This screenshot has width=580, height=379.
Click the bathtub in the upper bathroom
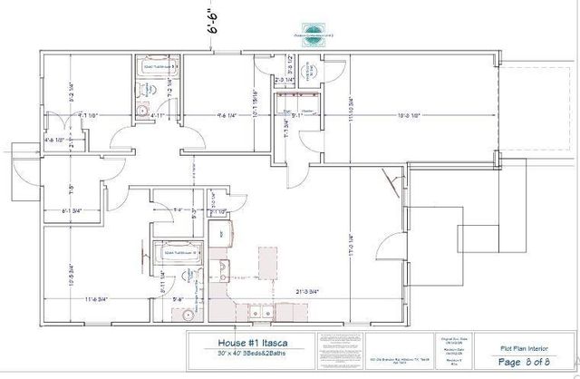pyautogui.click(x=156, y=66)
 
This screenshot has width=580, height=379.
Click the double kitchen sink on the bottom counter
pyautogui.click(x=264, y=315)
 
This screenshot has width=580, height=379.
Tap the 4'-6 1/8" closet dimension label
pyautogui.click(x=54, y=140)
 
